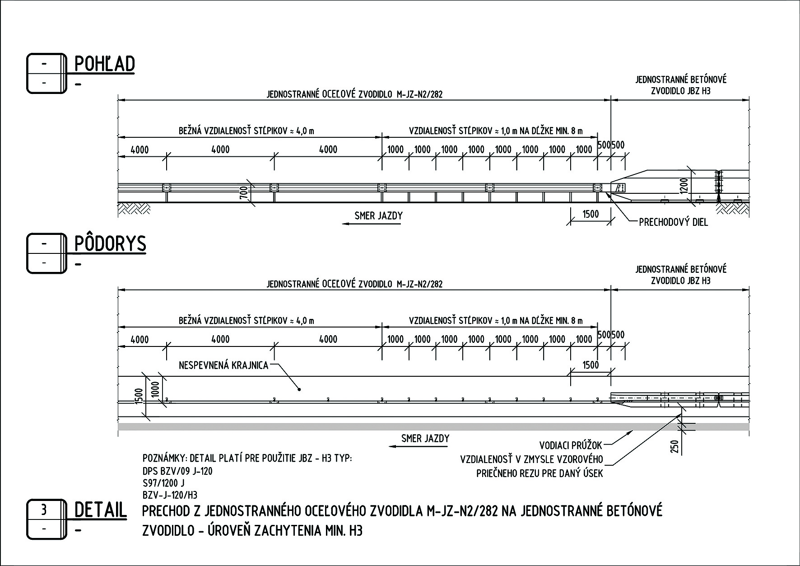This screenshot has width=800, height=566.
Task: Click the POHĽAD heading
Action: (104, 64)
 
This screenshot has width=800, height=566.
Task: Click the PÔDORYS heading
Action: (110, 244)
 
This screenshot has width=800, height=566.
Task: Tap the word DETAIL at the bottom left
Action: (100, 510)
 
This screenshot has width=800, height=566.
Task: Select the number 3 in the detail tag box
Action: (44, 510)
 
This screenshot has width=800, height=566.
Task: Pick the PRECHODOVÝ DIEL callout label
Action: (673, 222)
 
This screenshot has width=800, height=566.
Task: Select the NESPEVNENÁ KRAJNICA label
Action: (223, 365)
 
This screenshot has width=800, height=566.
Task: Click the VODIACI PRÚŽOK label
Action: (571, 445)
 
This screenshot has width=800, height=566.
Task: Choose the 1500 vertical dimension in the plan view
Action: (139, 396)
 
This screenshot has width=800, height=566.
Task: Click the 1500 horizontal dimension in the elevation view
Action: (591, 214)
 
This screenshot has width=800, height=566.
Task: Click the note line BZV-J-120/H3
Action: (170, 495)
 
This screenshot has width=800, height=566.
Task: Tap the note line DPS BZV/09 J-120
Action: (177, 471)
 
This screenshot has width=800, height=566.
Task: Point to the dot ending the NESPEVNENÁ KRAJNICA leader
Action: (298, 388)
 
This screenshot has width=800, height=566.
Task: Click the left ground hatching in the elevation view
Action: (135, 208)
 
